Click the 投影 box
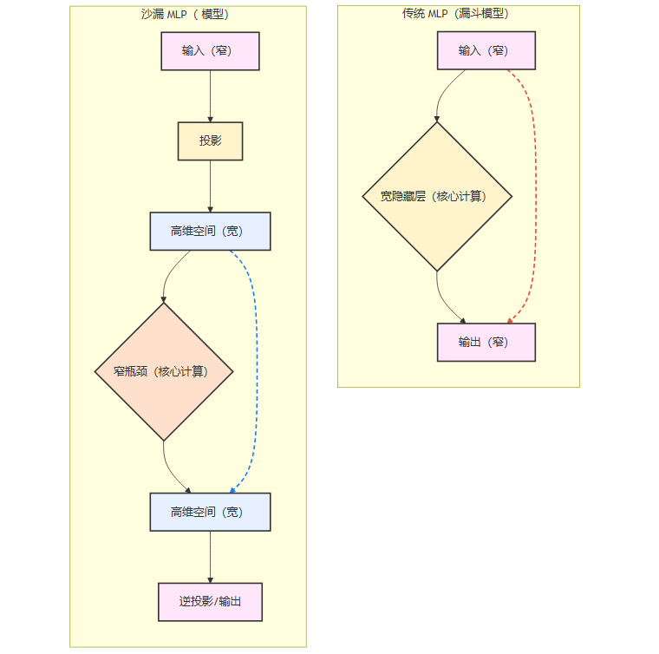coord(210,141)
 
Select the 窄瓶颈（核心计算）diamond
coord(163,371)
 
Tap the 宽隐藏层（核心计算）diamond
coord(436,196)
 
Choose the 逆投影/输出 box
coord(210,601)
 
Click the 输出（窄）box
coord(486,342)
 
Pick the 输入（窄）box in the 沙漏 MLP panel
coord(210,50)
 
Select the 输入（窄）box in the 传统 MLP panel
coord(486,50)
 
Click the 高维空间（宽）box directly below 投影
coord(210,231)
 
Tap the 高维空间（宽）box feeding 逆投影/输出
coord(210,512)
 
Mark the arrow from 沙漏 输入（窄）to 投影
coord(210,95)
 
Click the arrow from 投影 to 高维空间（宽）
coord(210,186)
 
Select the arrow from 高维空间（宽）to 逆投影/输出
coord(210,556)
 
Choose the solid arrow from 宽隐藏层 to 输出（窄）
coord(441,300)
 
